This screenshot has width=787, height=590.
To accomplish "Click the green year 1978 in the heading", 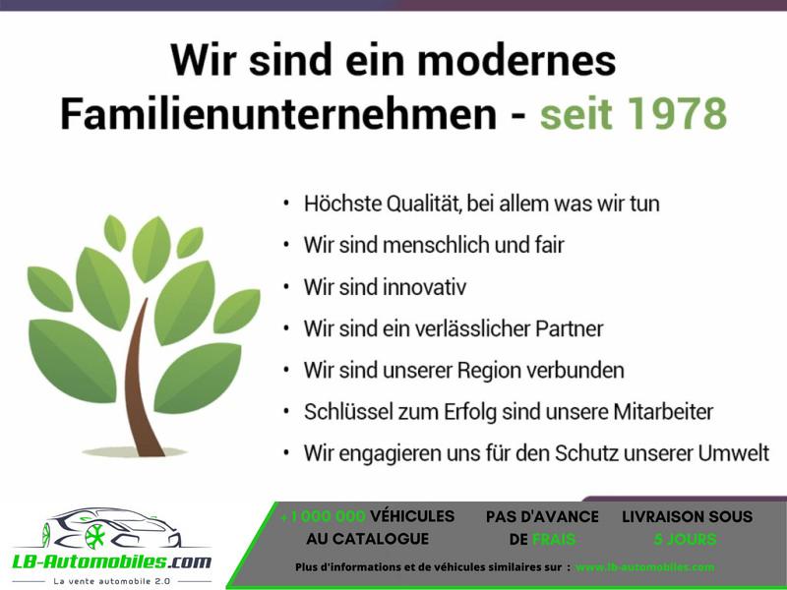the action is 677,113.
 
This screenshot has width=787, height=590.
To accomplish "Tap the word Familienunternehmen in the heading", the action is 278,113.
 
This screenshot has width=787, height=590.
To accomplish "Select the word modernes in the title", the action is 516,60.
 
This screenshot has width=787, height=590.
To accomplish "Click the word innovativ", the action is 425,287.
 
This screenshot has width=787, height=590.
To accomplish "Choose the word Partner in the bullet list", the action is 570,329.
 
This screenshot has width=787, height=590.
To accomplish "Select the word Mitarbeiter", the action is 663,412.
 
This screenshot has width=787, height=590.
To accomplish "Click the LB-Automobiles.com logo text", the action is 111,560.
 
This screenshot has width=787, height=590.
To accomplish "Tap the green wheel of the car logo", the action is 94,536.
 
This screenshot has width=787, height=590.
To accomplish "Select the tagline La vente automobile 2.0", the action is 111,581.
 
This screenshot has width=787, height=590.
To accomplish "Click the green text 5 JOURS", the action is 685,539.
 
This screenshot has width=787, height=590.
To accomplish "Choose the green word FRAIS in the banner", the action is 553,539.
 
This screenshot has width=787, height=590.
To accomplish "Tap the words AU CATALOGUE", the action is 367,539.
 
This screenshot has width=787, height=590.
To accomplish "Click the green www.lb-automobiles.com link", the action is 644,567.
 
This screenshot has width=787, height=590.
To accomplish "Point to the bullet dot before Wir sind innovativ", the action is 286,287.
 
